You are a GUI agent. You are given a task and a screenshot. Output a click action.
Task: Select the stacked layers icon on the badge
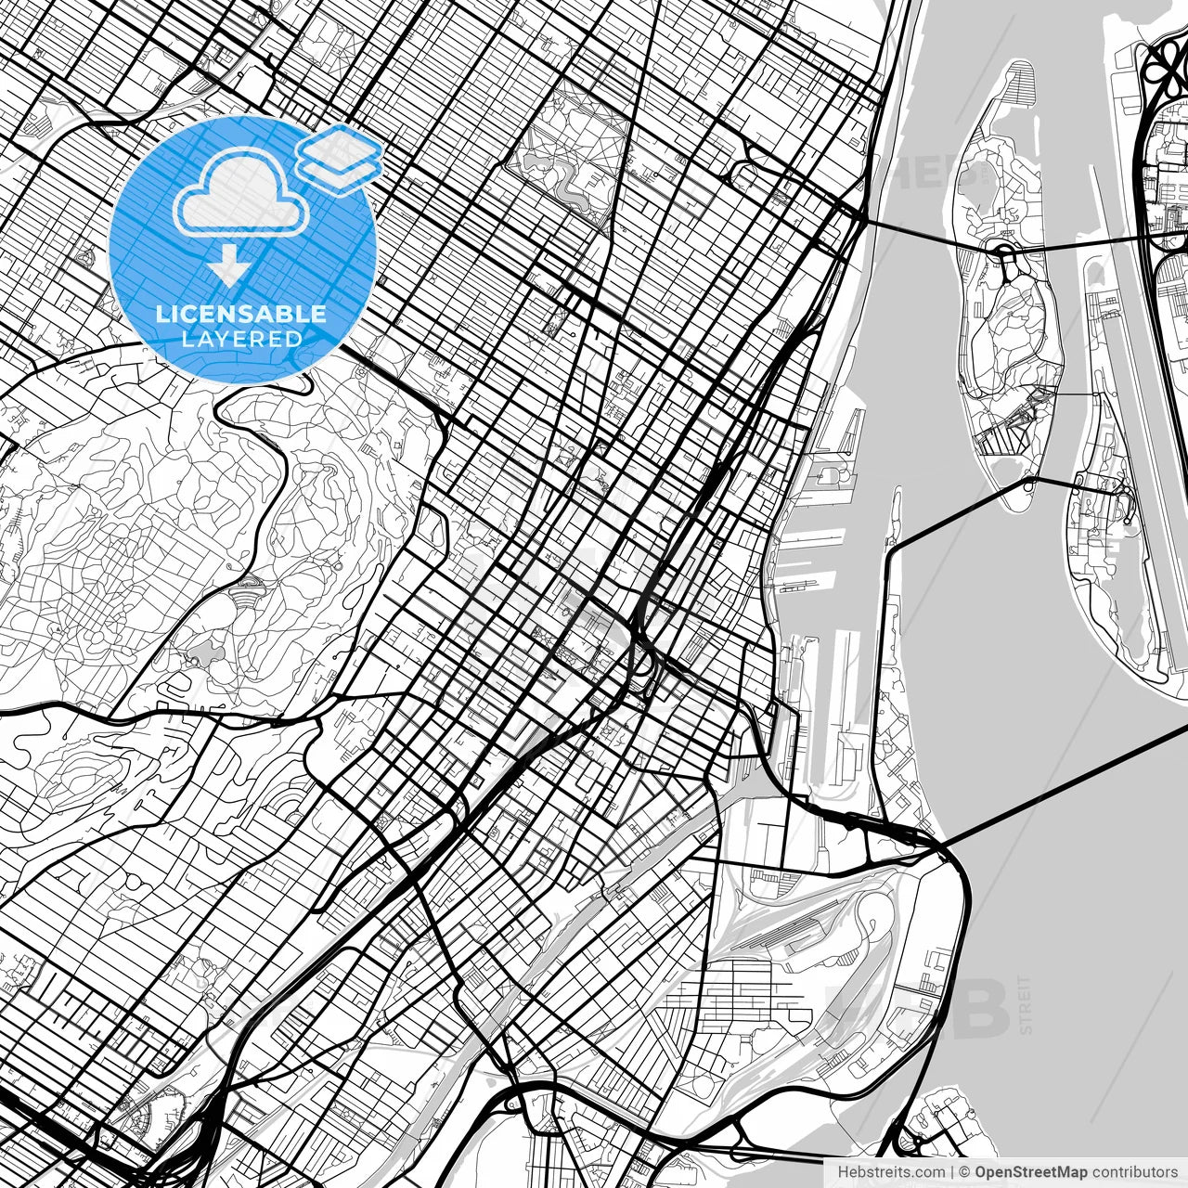(x=339, y=158)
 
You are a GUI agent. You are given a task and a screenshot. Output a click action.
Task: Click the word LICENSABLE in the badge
(x=241, y=314)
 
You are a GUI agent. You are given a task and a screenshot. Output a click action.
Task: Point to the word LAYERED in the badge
(x=241, y=339)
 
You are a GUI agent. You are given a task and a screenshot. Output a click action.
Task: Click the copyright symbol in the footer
(x=965, y=1172)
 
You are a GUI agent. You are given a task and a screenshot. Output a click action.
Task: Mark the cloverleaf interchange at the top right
(x=1165, y=65)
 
